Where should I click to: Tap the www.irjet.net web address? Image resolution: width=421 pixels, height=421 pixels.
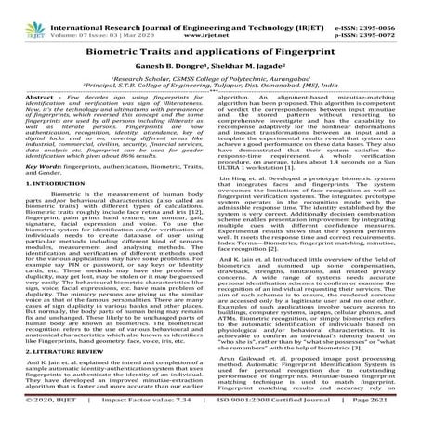210,19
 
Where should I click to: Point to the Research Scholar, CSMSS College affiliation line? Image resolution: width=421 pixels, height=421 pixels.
210,80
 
